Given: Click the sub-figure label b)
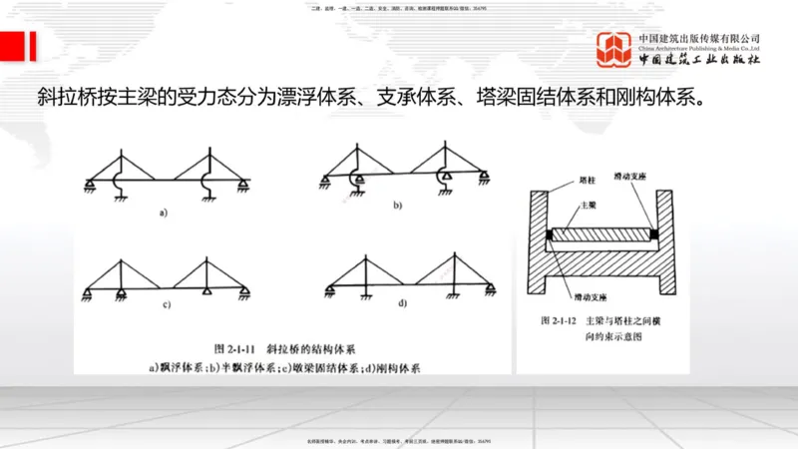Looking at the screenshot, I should coord(397,206).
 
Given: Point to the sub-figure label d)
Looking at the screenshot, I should coord(402,302).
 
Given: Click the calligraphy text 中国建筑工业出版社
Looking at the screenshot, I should coord(698,59).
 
